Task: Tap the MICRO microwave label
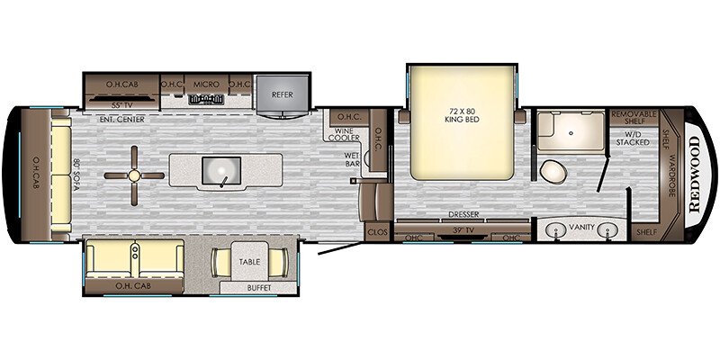pyautogui.click(x=206, y=84)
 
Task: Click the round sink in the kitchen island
pyautogui.click(x=219, y=169)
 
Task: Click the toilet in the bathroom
pyautogui.click(x=552, y=170)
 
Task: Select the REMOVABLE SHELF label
pyautogui.click(x=634, y=118)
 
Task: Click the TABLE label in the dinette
pyautogui.click(x=249, y=262)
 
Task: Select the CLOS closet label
pyautogui.click(x=376, y=232)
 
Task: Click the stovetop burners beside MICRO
pyautogui.click(x=206, y=98)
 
